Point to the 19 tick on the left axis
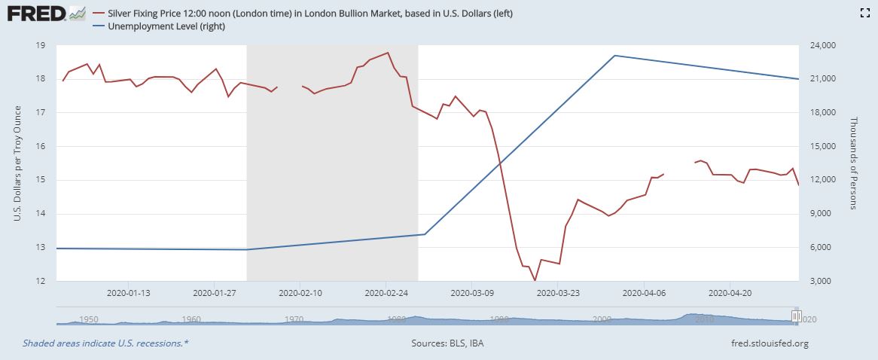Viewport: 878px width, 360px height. coord(40,45)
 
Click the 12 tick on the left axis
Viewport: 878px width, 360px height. coord(40,281)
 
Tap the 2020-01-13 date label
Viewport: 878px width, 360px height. coord(128,292)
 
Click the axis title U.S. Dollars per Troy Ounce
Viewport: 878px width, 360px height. coord(17,163)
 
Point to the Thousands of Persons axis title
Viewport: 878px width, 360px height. coord(855,163)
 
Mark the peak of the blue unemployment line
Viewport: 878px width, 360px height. coord(615,56)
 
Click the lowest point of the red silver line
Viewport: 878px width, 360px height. coord(535,280)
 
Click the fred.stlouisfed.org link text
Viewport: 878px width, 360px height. coord(765,344)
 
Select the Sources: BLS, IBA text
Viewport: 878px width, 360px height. coord(448,344)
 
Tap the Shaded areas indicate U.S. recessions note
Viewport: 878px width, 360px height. coord(105,344)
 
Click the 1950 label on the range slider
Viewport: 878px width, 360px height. coord(89,319)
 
